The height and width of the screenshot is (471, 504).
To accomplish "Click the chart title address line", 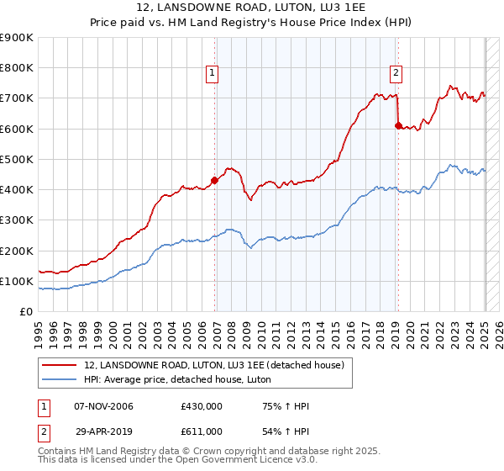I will coord(251,8).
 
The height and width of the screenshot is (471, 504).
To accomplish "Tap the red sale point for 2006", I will coord(215,180).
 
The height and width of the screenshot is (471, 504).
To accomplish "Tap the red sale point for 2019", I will coord(398,125).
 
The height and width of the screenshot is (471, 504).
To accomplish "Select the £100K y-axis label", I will coord(17,281).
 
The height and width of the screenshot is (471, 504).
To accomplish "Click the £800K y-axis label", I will coord(17,68).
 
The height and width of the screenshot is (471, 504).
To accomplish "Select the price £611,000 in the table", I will coord(202,431).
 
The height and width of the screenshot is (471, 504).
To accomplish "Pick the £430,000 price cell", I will coord(202,407).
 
